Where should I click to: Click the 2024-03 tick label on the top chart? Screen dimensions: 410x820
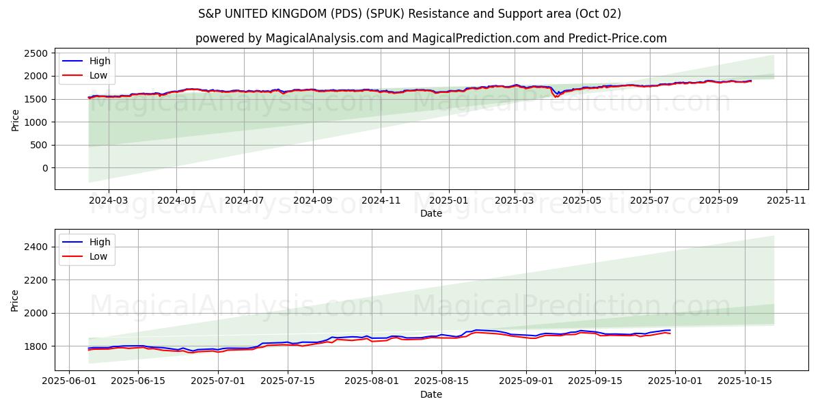(x=109, y=201)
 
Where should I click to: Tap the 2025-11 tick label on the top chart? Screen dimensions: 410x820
(x=787, y=201)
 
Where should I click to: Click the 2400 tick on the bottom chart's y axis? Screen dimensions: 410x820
(x=36, y=247)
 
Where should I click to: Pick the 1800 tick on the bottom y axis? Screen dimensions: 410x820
(x=36, y=346)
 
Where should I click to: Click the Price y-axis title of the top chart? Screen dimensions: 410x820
(x=15, y=120)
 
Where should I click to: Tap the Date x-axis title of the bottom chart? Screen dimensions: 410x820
(x=431, y=394)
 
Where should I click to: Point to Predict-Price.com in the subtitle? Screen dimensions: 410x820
(x=617, y=38)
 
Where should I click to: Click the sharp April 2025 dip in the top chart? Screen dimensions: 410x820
(x=556, y=96)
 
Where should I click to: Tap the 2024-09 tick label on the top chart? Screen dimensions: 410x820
(x=313, y=201)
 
